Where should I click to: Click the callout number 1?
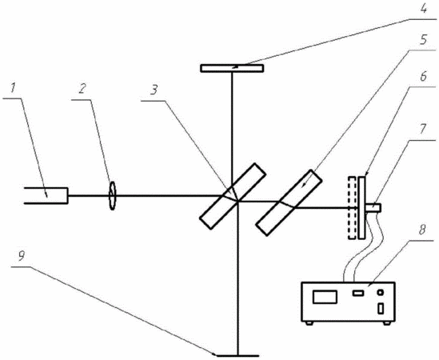tap(13, 89)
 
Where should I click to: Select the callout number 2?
tap(82, 89)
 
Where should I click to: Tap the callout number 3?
tap(154, 90)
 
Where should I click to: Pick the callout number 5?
tap(423, 39)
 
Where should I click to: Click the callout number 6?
tap(423, 76)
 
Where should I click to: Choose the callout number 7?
tap(423, 129)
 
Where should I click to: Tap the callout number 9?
tap(22, 256)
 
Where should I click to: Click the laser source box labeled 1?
tap(46, 195)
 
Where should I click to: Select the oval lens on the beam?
tap(112, 195)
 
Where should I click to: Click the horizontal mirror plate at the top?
tap(232, 68)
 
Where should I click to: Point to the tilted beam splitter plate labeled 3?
tap(233, 196)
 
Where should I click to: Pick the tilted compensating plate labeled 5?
tap(289, 202)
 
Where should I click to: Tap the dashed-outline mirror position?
tap(352, 207)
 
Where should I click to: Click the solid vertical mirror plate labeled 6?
tap(361, 207)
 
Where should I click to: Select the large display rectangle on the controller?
tap(325, 297)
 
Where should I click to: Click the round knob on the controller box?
tap(381, 293)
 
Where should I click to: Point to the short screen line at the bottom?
tap(237, 356)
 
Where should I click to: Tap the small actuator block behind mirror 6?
tap(373, 208)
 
